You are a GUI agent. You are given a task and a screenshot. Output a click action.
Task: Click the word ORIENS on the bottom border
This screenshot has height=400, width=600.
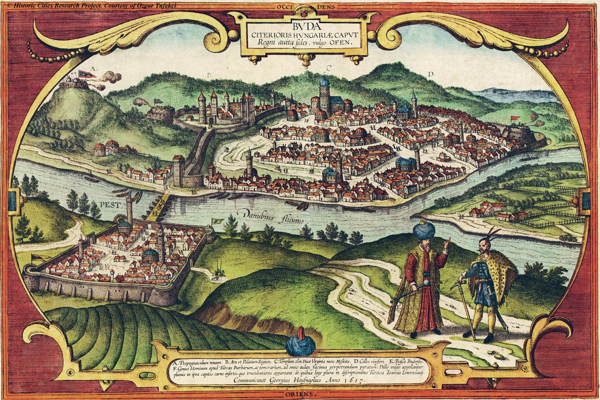[300, 394]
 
